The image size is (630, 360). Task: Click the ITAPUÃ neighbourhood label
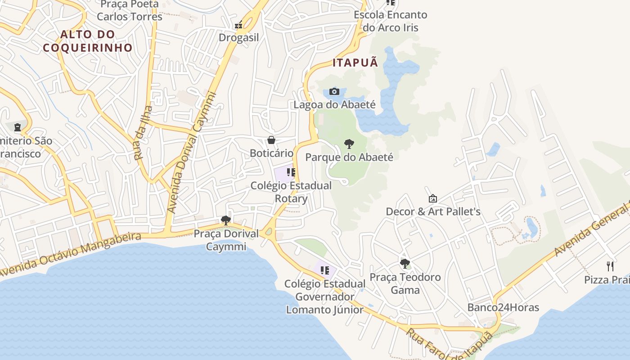pyautogui.click(x=355, y=63)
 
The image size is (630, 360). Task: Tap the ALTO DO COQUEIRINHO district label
pyautogui.click(x=88, y=41)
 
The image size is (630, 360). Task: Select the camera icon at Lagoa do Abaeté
pyautogui.click(x=334, y=92)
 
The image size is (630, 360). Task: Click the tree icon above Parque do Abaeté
pyautogui.click(x=349, y=144)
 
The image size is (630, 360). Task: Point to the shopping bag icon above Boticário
pyautogui.click(x=271, y=140)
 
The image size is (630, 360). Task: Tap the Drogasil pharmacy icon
pyautogui.click(x=238, y=25)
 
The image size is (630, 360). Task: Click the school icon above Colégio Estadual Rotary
pyautogui.click(x=291, y=172)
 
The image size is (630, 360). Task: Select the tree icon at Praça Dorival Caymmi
pyautogui.click(x=226, y=220)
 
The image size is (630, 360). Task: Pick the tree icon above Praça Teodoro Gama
pyautogui.click(x=405, y=264)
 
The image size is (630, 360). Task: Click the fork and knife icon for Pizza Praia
pyautogui.click(x=610, y=266)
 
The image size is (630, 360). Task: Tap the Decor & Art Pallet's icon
pyautogui.click(x=433, y=198)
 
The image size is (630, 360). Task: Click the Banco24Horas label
pyautogui.click(x=503, y=308)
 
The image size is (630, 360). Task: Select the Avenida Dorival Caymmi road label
pyautogui.click(x=191, y=153)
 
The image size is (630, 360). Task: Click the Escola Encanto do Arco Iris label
pyautogui.click(x=390, y=21)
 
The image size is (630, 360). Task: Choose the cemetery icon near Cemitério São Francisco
pyautogui.click(x=18, y=128)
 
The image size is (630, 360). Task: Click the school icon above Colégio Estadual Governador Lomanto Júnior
pyautogui.click(x=325, y=270)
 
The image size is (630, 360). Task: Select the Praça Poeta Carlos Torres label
pyautogui.click(x=130, y=10)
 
